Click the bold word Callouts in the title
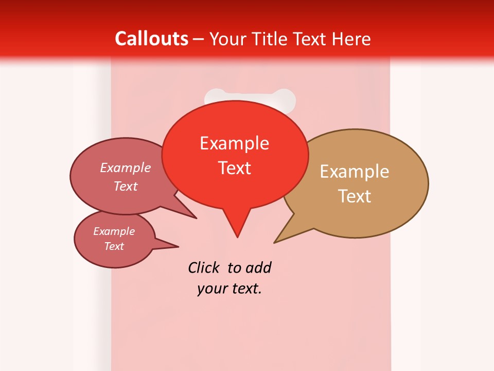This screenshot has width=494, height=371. click(151, 39)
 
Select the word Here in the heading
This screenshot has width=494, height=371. click(352, 39)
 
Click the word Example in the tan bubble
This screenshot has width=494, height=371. click(355, 172)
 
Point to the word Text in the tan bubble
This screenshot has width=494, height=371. click(355, 196)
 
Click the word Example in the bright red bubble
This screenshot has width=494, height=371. click(234, 143)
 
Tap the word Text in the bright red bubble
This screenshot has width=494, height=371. click(235, 168)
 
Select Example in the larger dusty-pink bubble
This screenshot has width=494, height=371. click(126, 168)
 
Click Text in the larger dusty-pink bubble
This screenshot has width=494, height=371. click(126, 186)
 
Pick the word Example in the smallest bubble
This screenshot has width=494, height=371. click(114, 231)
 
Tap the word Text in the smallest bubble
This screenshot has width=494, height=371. click(114, 246)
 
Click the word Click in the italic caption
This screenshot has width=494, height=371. click(203, 267)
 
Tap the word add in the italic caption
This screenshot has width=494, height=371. click(258, 267)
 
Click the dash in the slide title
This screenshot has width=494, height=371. click(199, 39)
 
